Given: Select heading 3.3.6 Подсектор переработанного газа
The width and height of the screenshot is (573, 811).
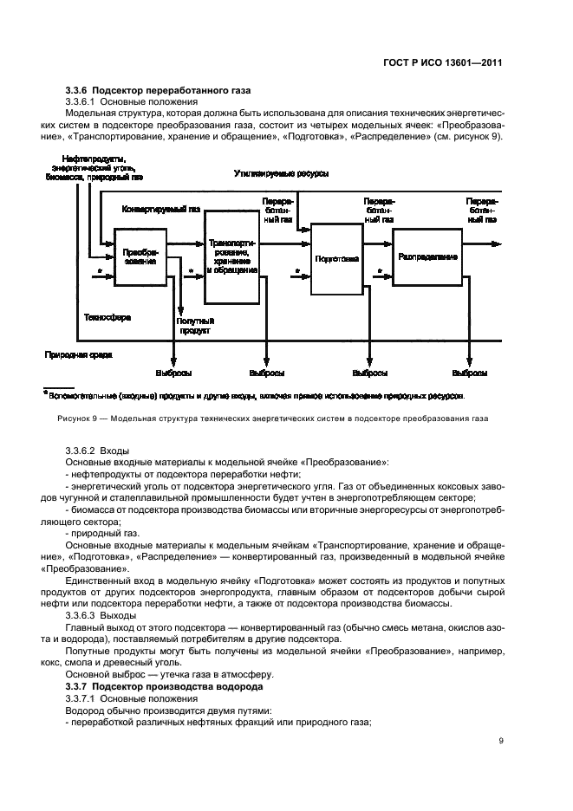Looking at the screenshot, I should click(159, 91).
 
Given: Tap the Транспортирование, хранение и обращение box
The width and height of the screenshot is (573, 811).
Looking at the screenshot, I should click(231, 257).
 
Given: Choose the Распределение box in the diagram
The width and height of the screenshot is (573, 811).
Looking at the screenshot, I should click(428, 256).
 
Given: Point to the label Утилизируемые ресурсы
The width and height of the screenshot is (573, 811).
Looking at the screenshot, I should click(281, 173).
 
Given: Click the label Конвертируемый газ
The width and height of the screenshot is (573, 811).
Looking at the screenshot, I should click(161, 209).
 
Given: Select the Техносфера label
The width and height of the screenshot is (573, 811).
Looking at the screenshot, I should click(107, 318).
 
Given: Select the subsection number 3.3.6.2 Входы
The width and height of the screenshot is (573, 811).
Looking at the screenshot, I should click(96, 451).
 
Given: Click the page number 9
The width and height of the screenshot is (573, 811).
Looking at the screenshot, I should click(501, 739).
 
